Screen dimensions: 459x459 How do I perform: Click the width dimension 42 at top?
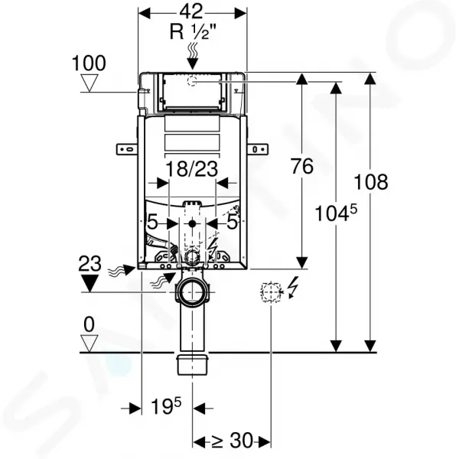point(190,11)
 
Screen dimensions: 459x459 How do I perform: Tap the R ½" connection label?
point(193,31)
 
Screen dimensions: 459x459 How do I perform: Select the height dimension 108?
point(371,182)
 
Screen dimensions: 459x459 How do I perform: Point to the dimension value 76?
point(302,166)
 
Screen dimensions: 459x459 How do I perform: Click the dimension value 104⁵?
point(336,213)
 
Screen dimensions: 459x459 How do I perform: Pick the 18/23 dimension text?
point(192,169)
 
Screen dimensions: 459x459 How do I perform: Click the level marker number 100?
point(89,63)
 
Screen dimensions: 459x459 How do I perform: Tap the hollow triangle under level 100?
point(89,83)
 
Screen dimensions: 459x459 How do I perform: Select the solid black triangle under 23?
point(90,283)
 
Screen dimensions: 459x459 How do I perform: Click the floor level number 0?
point(89,324)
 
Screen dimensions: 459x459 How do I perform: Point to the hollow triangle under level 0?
point(89,343)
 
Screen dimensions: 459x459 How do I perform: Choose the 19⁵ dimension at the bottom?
point(166,406)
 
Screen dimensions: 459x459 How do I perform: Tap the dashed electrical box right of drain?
point(271,292)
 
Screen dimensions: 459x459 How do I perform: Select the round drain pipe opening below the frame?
point(192,292)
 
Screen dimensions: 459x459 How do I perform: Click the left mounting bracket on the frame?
point(127,149)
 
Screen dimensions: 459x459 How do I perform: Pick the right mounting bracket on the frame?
point(257,149)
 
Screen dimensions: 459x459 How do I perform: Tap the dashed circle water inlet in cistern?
point(192,80)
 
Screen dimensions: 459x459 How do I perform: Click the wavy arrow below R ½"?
point(192,55)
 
